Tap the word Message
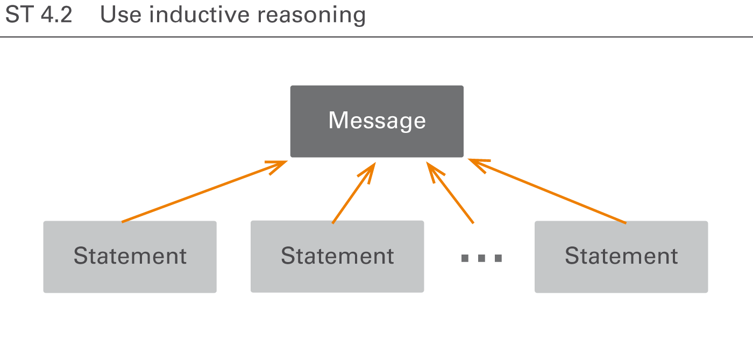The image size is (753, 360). click(x=376, y=121)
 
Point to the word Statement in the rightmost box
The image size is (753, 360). click(x=621, y=256)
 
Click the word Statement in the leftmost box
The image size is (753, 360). click(x=130, y=256)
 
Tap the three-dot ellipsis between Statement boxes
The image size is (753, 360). click(x=481, y=258)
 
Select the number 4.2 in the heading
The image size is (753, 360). click(x=56, y=15)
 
